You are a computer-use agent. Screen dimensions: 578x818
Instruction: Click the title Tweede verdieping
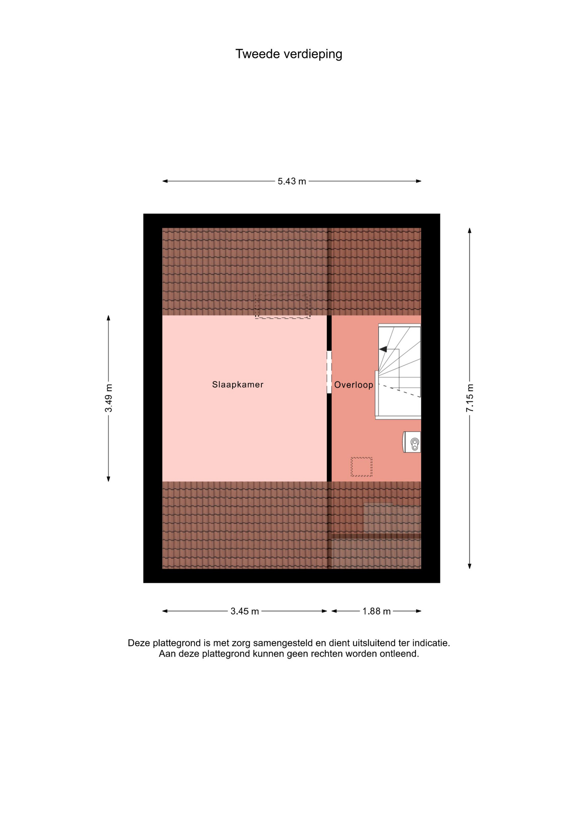pos(289,54)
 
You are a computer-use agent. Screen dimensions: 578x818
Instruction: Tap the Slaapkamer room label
pos(237,385)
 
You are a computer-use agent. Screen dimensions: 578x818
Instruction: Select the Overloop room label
pos(353,385)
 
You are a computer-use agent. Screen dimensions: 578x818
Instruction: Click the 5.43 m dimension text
pos(292,181)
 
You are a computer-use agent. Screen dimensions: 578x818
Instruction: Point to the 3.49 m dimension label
pos(109,398)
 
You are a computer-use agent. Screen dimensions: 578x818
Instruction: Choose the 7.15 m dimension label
pos(470,398)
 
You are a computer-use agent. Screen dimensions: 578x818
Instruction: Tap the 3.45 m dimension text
pos(245,611)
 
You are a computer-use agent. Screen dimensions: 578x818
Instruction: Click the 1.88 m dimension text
pos(376,611)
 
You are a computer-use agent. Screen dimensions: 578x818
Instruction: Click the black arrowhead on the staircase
pos(383,349)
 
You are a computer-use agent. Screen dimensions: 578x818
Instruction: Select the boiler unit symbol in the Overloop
pos(412,442)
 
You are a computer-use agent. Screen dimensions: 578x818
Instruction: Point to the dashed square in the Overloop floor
pos(361,467)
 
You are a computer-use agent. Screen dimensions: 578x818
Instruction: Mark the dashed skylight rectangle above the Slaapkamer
pos(283,306)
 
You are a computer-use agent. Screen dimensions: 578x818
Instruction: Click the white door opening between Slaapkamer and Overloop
pos(329,372)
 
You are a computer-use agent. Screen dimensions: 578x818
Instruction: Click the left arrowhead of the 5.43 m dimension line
pos(165,181)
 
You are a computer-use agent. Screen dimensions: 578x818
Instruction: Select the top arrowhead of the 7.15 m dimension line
pos(469,230)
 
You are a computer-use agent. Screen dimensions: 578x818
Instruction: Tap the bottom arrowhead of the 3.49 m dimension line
pos(109,479)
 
